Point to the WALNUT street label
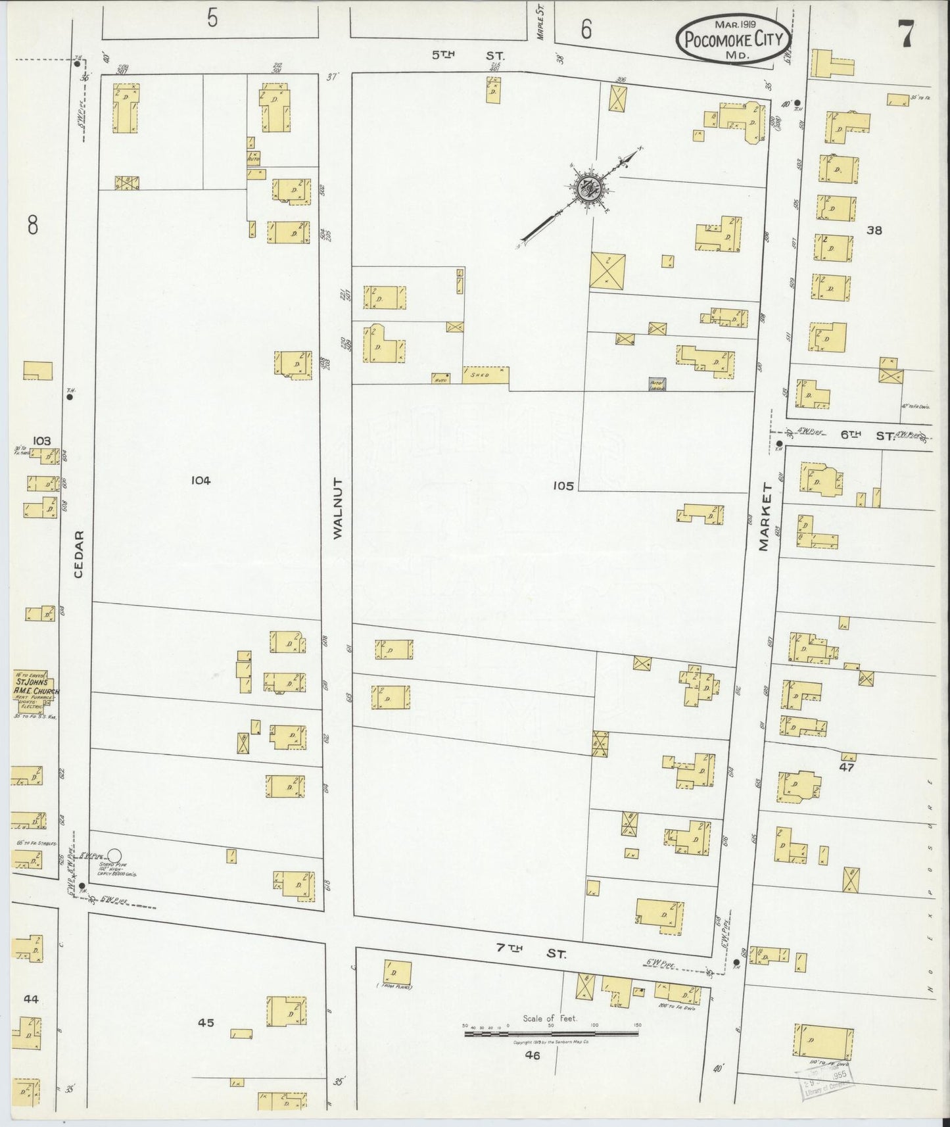point(338,519)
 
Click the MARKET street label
point(764,517)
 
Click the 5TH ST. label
point(452,56)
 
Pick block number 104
point(200,481)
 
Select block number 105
point(563,486)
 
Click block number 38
point(874,230)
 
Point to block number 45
point(206,1041)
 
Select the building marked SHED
point(486,375)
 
